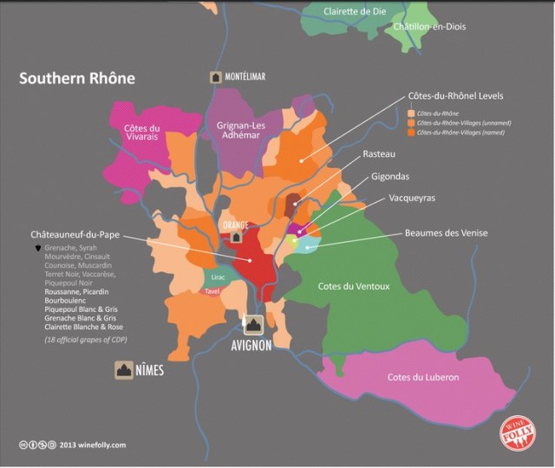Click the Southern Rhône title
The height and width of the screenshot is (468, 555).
click(x=77, y=78)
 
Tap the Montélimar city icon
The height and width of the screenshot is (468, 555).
click(x=214, y=77)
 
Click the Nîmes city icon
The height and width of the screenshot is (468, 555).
click(x=124, y=371)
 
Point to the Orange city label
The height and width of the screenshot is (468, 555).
click(x=235, y=225)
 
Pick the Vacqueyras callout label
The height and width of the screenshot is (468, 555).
click(x=400, y=198)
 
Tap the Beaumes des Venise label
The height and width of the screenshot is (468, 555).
click(x=447, y=232)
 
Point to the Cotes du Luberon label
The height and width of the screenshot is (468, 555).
click(x=423, y=375)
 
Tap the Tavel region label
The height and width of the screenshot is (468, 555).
click(x=212, y=292)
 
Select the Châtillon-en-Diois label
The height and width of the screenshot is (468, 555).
click(x=429, y=27)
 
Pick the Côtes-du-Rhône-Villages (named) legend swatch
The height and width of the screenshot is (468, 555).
click(x=410, y=133)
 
